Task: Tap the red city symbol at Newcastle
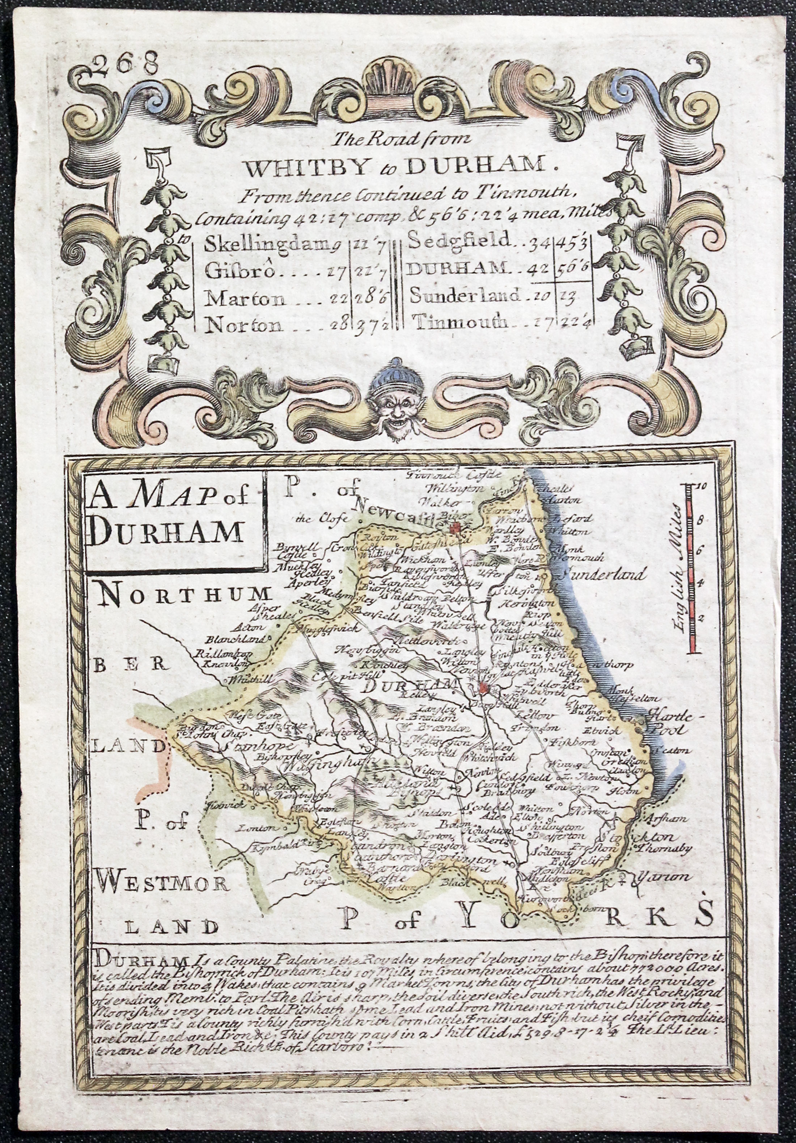pyautogui.click(x=454, y=528)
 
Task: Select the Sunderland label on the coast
pyautogui.click(x=603, y=574)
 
